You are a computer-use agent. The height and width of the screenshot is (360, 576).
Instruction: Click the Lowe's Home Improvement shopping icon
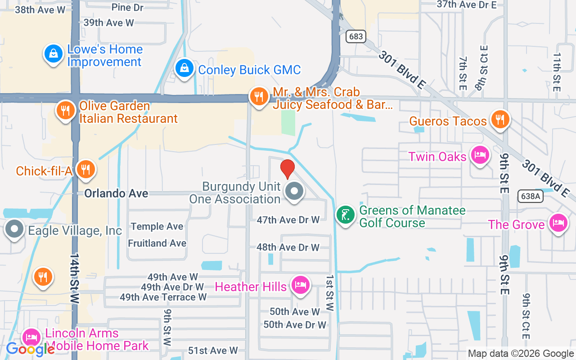coord(54,54)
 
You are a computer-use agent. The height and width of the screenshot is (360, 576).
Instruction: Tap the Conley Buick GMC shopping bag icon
coord(184,68)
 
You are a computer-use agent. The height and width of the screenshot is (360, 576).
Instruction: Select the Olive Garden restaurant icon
coord(66,110)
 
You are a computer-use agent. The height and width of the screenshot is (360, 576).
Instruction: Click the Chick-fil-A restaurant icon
coord(84,169)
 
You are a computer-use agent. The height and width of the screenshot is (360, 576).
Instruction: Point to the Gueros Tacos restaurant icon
coord(499,119)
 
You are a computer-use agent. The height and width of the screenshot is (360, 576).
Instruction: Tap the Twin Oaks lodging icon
coord(480,155)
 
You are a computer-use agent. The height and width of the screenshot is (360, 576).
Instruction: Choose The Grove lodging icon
coord(558,223)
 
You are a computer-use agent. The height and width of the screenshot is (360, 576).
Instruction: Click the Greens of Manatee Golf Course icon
coord(346,215)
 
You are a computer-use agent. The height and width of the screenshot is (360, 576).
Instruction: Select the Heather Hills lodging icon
coord(300,285)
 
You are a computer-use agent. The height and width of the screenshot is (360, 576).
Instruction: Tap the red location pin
coord(287,168)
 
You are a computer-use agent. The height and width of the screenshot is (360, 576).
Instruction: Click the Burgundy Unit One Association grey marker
coord(295,191)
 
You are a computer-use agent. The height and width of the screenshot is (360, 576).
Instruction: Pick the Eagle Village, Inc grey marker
coord(14,229)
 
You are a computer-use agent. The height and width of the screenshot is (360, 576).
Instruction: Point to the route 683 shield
coord(355,36)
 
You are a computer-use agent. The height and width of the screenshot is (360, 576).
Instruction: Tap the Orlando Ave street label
coord(116,193)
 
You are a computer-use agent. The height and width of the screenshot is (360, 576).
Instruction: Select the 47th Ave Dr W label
coord(288,220)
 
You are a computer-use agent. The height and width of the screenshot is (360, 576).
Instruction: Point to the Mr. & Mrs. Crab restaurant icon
coord(259,96)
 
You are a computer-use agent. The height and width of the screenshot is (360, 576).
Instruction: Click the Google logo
coord(30,349)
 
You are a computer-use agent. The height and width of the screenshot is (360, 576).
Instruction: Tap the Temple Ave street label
coord(157,226)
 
